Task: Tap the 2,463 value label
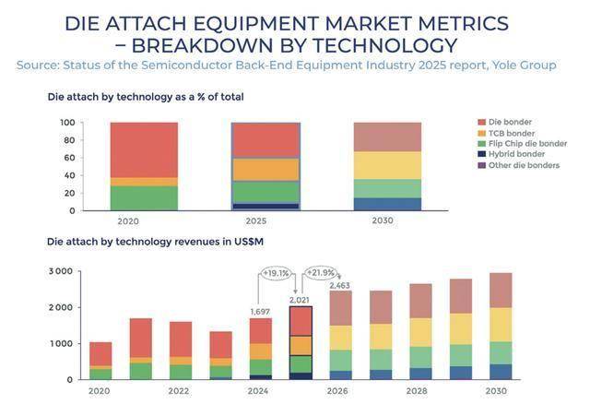point(342,284)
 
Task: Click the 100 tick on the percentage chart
point(66,123)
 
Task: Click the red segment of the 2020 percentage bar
point(143,149)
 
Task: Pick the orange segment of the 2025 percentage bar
point(265,170)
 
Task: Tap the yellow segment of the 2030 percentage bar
point(387,165)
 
